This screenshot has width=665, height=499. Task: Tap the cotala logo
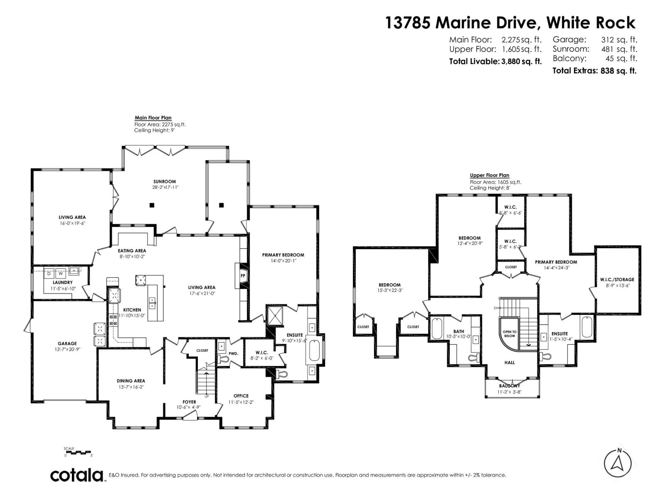click(x=77, y=475)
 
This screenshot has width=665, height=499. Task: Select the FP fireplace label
click(x=243, y=275)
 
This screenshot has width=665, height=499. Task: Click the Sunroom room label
click(x=165, y=181)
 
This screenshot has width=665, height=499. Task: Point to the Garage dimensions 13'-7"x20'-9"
click(x=67, y=349)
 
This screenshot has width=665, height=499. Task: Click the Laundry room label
click(x=63, y=282)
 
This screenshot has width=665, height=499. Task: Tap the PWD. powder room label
click(x=234, y=353)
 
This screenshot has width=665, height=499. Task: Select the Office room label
click(x=241, y=395)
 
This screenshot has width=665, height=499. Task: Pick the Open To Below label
click(x=509, y=333)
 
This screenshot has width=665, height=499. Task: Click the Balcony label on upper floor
click(x=510, y=386)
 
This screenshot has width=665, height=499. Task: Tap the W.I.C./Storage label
click(x=617, y=279)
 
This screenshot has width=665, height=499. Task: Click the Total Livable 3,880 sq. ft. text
click(x=495, y=62)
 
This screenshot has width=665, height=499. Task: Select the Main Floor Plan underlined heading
click(x=153, y=118)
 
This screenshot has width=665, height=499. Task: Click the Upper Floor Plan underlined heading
click(x=489, y=175)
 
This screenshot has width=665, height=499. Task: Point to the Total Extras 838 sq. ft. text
click(x=594, y=71)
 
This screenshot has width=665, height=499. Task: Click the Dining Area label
click(x=131, y=380)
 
